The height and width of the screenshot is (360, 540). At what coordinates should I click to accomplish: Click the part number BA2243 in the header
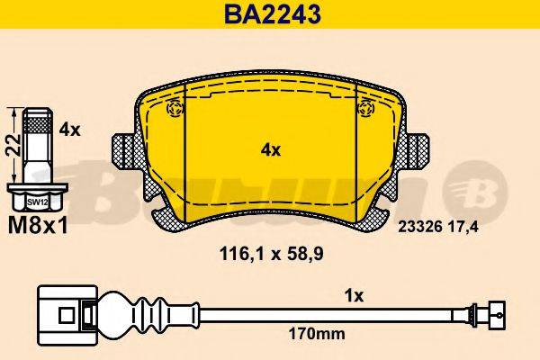(x=269, y=14)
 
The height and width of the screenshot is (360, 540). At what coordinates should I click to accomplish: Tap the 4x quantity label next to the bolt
(x=69, y=130)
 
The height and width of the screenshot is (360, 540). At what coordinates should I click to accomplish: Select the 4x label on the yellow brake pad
(x=270, y=150)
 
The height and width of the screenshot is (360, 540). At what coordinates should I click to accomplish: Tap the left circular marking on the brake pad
(x=175, y=110)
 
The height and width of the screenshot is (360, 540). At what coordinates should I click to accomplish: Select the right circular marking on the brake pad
(x=364, y=110)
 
